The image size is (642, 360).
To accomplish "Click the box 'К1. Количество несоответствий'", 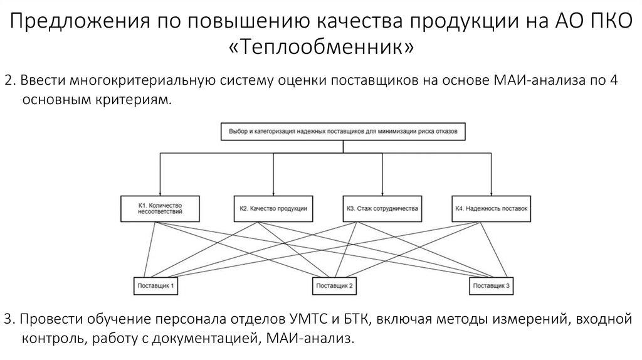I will click(160, 208).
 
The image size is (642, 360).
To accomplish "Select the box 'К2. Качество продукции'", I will click(273, 208).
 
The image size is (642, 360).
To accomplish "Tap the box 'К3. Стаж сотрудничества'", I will click(382, 208).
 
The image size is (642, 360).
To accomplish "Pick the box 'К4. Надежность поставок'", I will click(492, 208).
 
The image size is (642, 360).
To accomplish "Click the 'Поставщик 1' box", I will click(155, 286).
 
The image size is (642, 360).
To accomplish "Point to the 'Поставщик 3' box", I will click(492, 286).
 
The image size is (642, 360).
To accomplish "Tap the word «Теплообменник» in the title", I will click(321, 48).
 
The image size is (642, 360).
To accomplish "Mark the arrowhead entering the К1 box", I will click(160, 193).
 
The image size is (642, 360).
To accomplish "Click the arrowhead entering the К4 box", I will click(492, 193).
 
